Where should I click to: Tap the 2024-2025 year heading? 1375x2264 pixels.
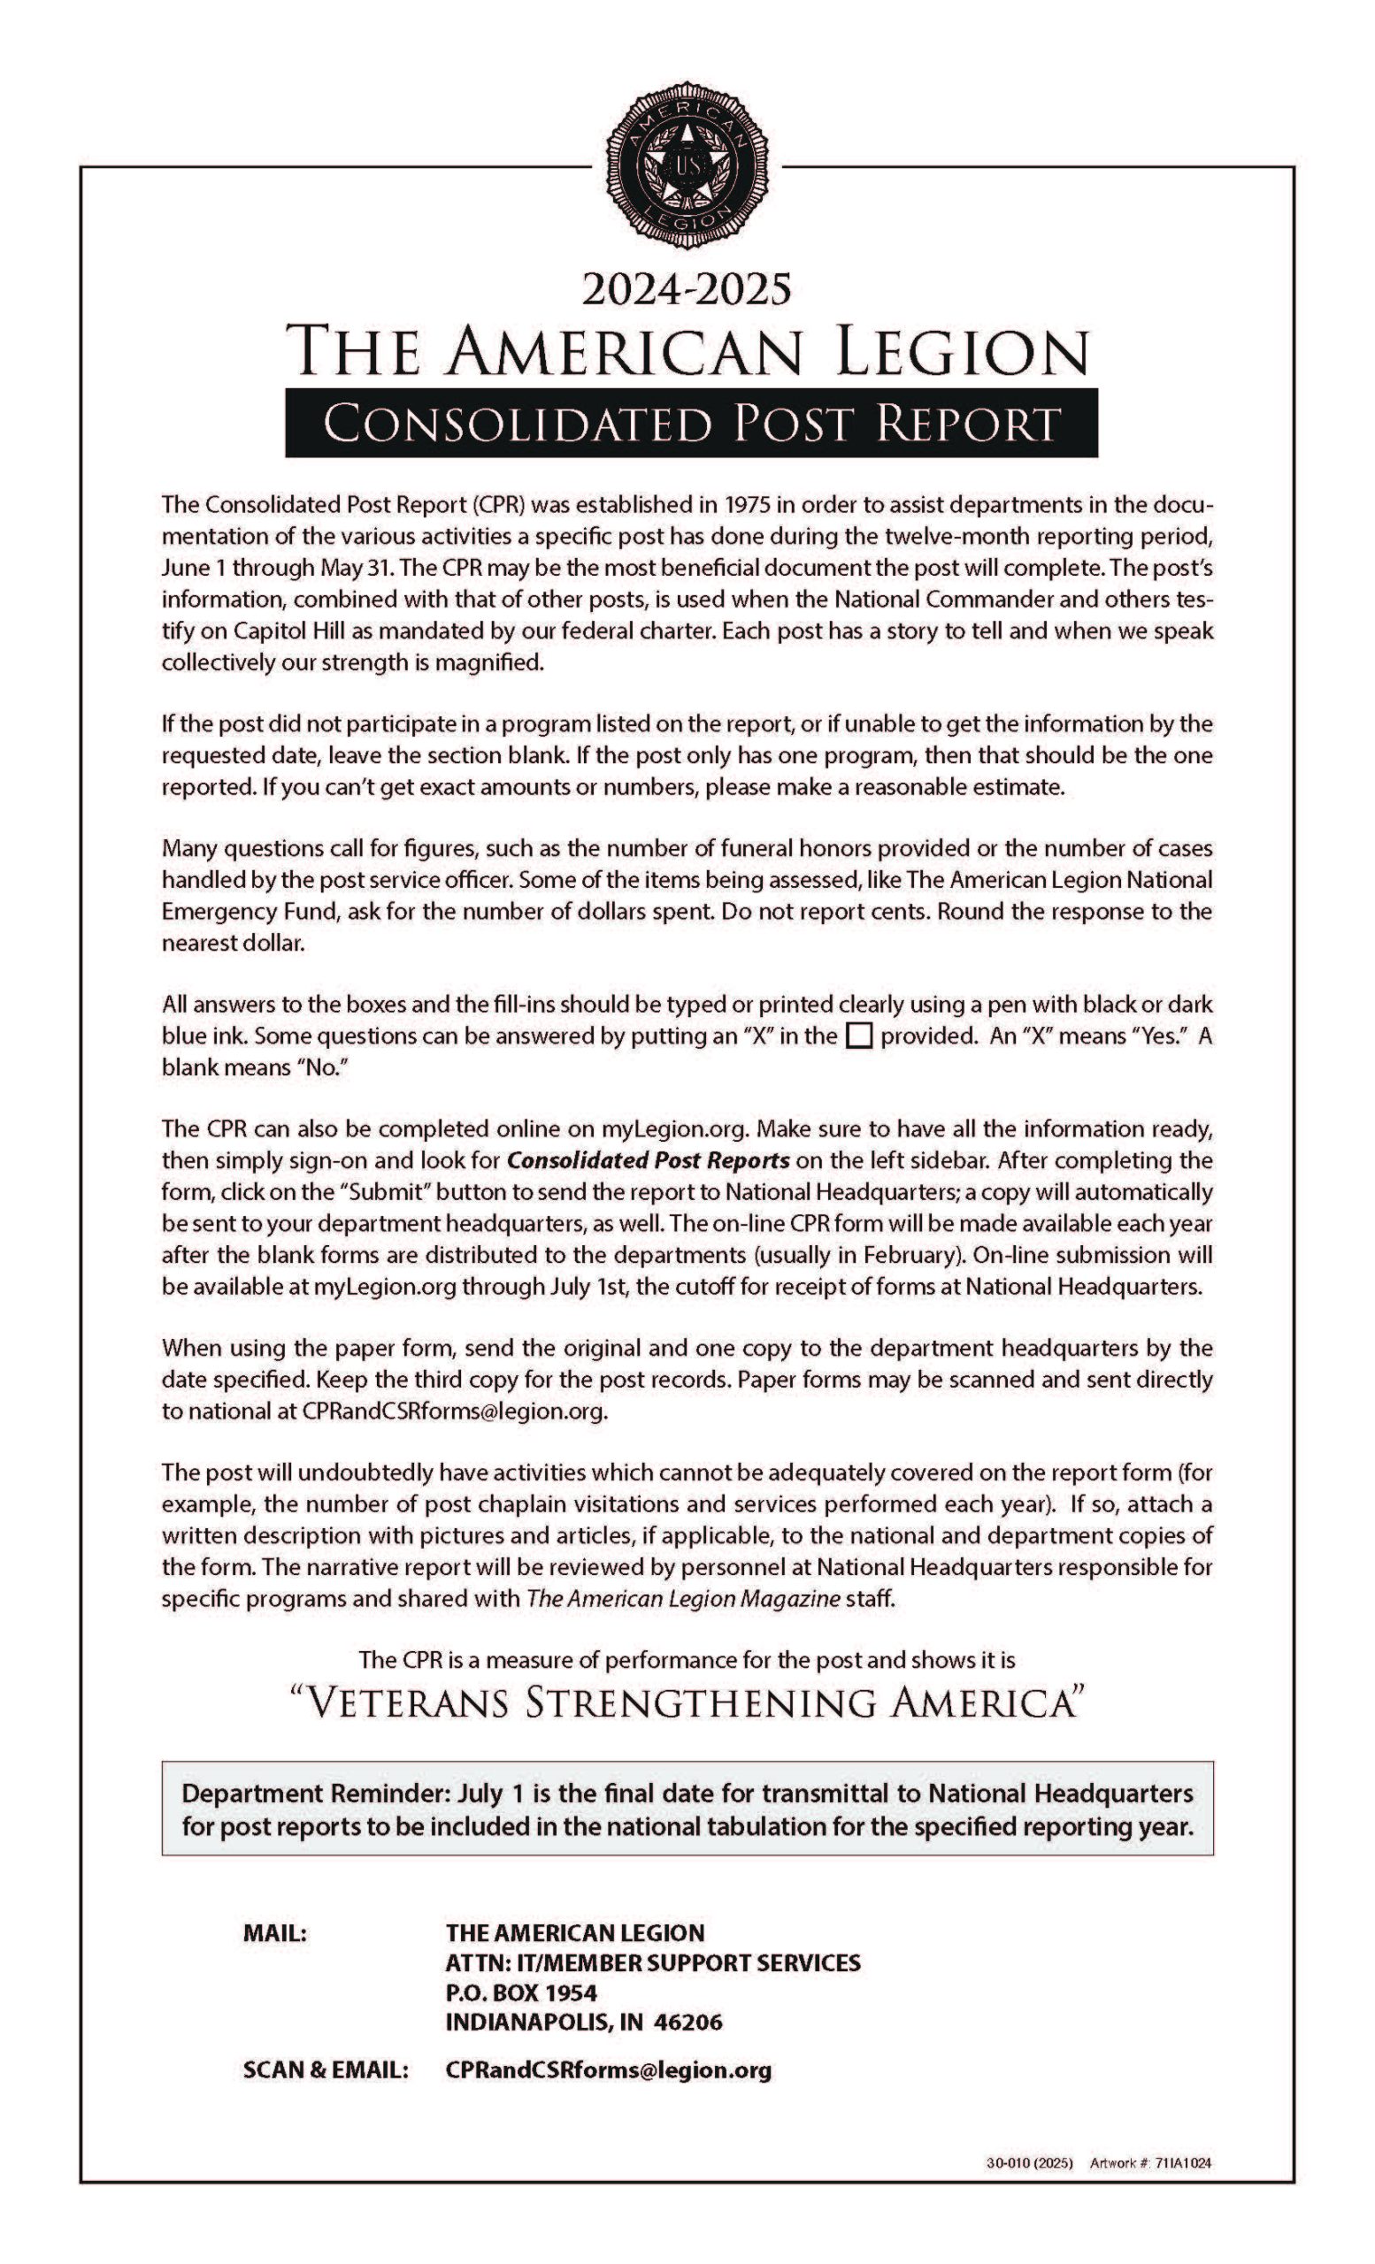click(687, 289)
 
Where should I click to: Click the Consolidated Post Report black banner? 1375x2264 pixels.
click(690, 424)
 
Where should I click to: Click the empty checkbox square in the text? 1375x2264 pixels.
click(858, 1036)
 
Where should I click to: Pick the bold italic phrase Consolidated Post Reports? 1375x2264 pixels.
click(648, 1160)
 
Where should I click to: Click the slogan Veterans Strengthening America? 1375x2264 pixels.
click(687, 1702)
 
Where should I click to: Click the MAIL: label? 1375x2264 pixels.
click(274, 1933)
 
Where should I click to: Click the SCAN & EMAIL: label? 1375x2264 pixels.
click(326, 2070)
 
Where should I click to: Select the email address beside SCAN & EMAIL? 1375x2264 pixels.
click(609, 2070)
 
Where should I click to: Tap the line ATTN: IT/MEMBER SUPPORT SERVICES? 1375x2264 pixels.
click(653, 1962)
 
